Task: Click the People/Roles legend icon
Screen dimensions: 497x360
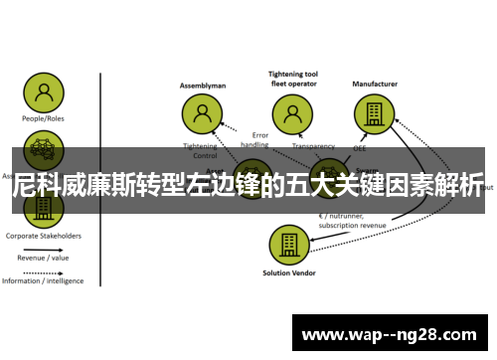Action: tap(43, 92)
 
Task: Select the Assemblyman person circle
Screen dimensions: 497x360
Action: tap(203, 114)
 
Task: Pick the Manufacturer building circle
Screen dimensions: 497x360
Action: tap(375, 114)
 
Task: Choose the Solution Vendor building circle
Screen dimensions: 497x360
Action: tap(290, 243)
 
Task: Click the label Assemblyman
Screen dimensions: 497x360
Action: tap(203, 86)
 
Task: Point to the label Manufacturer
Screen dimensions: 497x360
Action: tap(375, 85)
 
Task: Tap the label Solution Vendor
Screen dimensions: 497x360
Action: tap(290, 272)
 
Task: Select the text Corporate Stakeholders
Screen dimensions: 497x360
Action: tap(44, 236)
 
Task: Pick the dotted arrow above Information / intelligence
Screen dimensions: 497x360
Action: tap(44, 270)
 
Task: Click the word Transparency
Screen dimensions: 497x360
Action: tap(313, 146)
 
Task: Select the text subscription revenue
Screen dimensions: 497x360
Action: tap(352, 226)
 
